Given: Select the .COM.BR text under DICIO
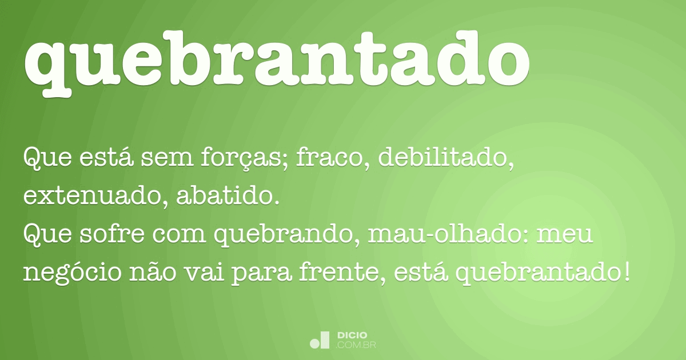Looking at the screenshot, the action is pos(356,345).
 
